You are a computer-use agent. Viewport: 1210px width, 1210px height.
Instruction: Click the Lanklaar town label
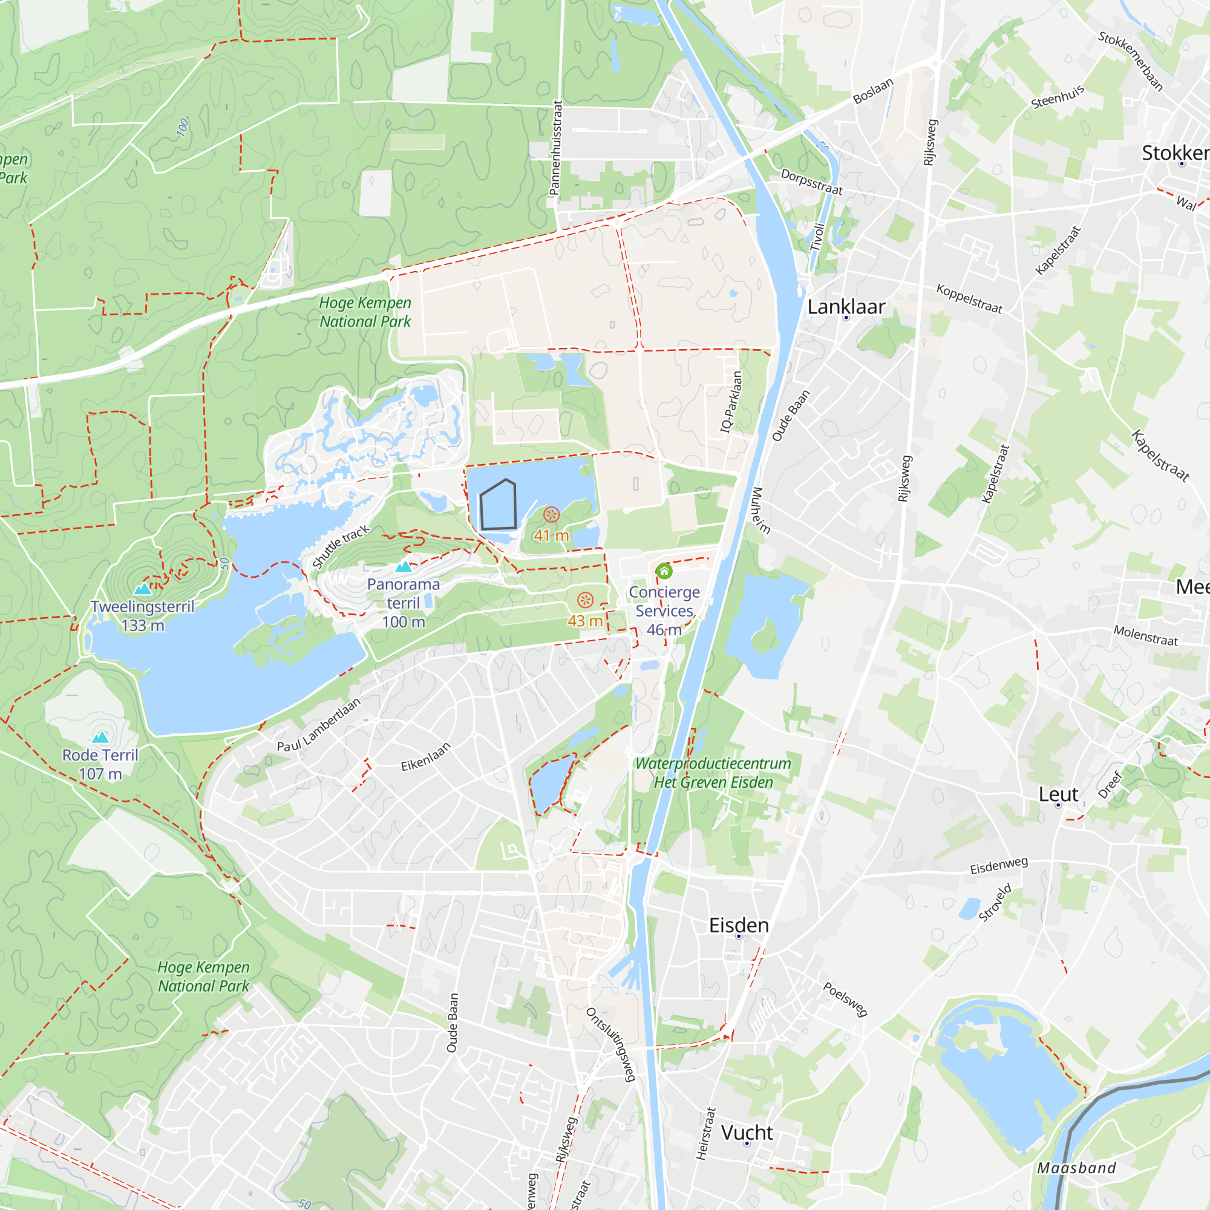[x=846, y=307]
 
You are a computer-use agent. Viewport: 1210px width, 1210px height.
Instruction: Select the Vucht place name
[x=747, y=1133]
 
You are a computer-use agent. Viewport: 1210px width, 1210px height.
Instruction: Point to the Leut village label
[x=1058, y=794]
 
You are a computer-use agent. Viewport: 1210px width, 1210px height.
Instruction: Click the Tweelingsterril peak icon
[x=143, y=589]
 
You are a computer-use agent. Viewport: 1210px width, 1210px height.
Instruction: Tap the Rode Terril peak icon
[x=100, y=737]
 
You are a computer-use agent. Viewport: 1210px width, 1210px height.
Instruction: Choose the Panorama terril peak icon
[x=404, y=567]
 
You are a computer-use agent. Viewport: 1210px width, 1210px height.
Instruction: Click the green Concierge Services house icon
[x=664, y=571]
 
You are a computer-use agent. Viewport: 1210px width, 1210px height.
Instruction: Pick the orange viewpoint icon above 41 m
[x=551, y=515]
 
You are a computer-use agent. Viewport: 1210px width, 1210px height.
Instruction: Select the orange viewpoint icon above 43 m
[x=585, y=600]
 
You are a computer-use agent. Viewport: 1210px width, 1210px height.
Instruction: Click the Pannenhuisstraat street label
[x=555, y=148]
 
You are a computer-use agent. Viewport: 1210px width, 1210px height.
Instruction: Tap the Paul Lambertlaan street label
[x=319, y=725]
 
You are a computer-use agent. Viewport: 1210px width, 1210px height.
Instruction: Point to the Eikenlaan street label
[x=426, y=757]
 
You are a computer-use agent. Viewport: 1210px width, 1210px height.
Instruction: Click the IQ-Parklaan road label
[x=731, y=402]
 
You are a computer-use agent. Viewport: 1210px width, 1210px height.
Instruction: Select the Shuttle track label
[x=341, y=547]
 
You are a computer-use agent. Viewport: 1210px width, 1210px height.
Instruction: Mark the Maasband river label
[x=1077, y=1168]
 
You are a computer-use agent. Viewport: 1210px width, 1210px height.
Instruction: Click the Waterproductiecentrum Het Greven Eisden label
[x=713, y=773]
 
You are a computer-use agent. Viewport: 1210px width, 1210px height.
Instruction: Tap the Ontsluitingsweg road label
[x=611, y=1044]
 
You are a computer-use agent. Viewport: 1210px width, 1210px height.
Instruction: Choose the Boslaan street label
[x=873, y=91]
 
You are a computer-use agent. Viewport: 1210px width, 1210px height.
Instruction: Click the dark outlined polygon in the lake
[x=498, y=505]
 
